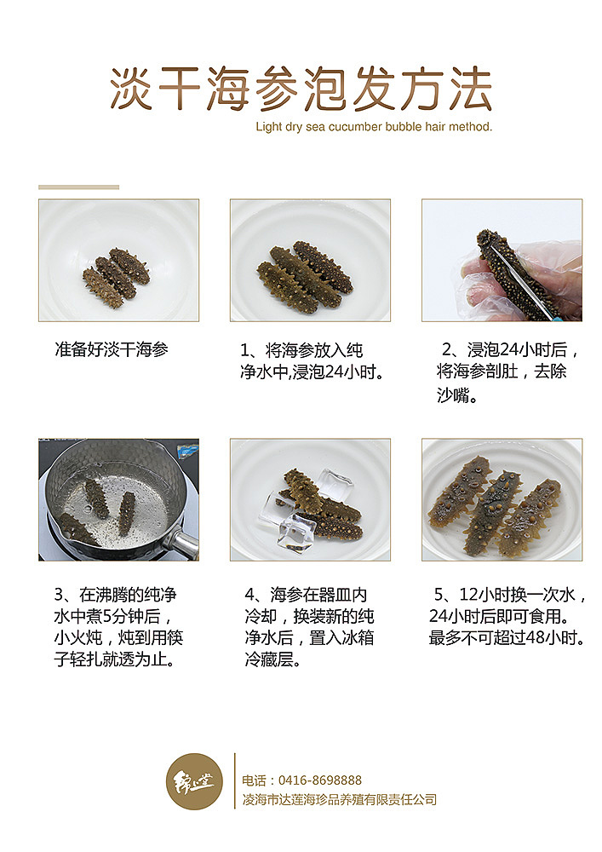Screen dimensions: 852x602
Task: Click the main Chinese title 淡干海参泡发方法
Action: (301, 89)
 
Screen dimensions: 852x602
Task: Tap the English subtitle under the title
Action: (374, 127)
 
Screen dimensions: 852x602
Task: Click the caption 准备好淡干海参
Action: (112, 349)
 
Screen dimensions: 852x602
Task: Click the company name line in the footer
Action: (339, 799)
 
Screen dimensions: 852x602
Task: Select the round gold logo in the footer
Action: (195, 780)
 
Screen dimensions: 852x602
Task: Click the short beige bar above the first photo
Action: (78, 187)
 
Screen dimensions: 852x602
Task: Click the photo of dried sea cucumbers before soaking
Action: (118, 260)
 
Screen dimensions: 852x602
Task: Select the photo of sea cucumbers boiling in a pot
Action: (118, 499)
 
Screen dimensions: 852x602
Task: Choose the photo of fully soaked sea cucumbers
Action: (502, 499)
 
